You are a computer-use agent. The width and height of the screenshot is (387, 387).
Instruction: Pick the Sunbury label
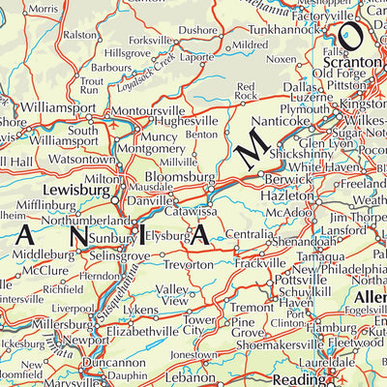tap(114, 235)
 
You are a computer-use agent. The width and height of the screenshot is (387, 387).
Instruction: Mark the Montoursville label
tap(146, 111)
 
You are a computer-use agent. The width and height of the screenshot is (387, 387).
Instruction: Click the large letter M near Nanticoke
tap(253, 148)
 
